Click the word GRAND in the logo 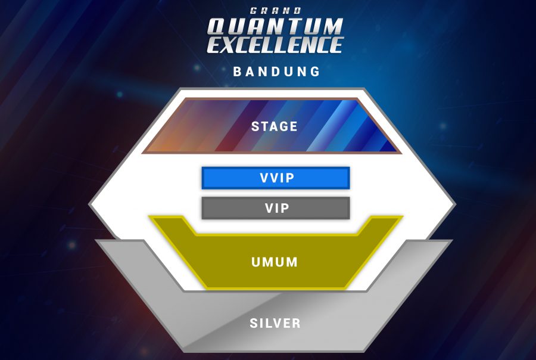275,10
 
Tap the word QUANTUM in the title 275,27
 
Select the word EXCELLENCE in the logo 275,45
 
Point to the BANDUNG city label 277,72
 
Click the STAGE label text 275,126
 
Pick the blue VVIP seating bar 275,178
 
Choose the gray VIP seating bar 275,208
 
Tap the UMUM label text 275,262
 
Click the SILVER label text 275,324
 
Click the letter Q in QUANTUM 218,27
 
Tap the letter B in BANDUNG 238,72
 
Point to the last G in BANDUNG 316,72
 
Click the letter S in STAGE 255,126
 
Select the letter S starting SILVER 254,324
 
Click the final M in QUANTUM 331,27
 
